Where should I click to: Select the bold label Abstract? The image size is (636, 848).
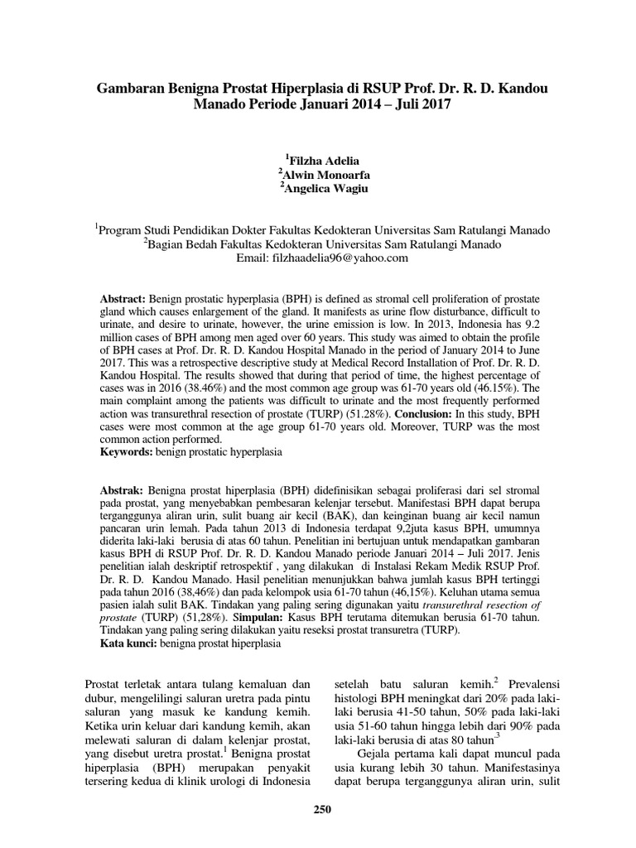click(123, 297)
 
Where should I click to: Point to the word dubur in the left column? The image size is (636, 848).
click(100, 700)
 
